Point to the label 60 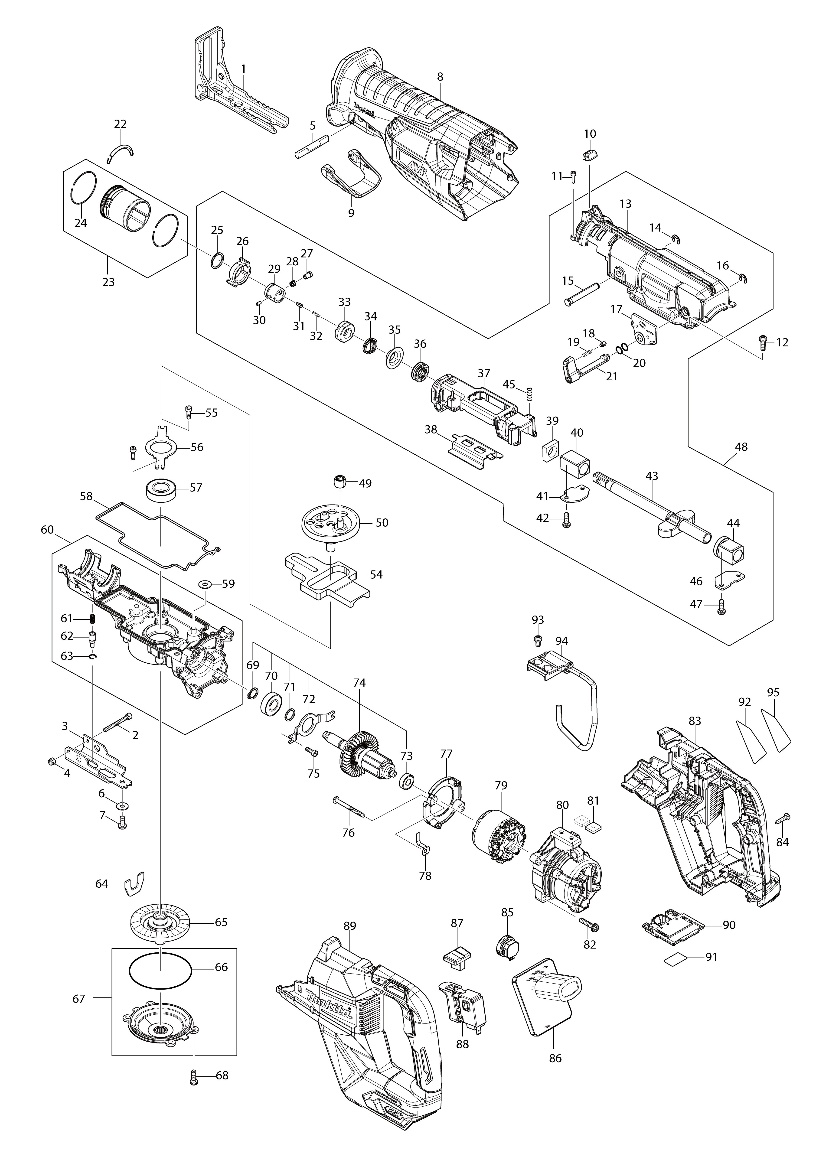[47, 530]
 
